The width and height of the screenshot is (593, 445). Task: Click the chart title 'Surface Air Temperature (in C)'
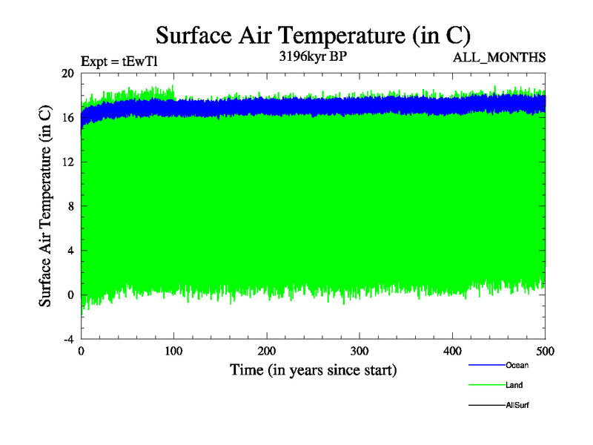click(x=313, y=35)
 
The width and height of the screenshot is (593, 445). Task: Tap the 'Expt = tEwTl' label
click(x=118, y=62)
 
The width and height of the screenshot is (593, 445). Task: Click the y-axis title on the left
click(x=45, y=206)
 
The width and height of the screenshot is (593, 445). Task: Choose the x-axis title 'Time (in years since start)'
click(x=313, y=369)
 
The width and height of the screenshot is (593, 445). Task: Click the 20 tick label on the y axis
click(x=67, y=73)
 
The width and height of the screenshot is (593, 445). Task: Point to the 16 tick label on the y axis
click(x=67, y=118)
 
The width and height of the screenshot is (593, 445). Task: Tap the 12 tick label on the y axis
click(x=67, y=162)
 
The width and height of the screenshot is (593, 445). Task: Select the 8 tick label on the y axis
click(x=70, y=206)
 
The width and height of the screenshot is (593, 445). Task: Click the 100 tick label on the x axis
click(x=173, y=350)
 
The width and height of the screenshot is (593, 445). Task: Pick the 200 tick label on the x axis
click(x=267, y=350)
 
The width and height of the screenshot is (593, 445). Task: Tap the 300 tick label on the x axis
click(x=360, y=350)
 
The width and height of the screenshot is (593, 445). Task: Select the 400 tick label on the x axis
click(x=452, y=350)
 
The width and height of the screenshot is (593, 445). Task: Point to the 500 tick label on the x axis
click(x=545, y=350)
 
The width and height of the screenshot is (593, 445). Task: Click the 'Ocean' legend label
click(x=517, y=365)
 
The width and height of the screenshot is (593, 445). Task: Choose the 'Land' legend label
click(x=514, y=385)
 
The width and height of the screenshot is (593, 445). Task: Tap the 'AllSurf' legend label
click(x=517, y=405)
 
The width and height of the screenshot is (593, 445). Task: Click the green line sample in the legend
click(x=486, y=385)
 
